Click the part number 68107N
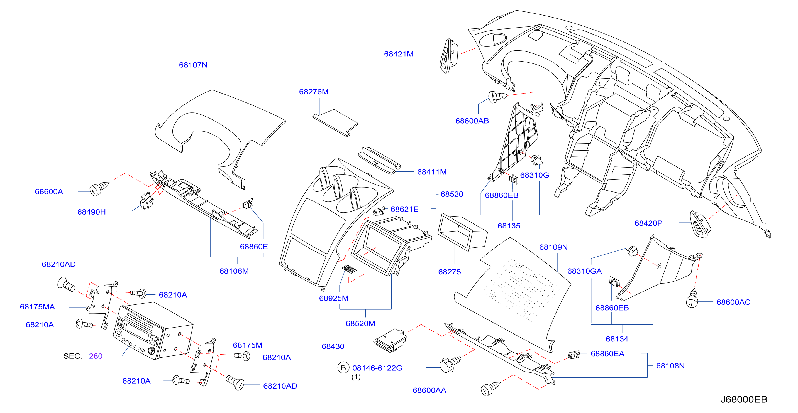coord(193,65)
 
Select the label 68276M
coord(314,92)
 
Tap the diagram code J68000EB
coord(743,399)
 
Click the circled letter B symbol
coord(343,368)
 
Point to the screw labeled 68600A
coord(99,188)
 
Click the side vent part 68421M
coord(448,56)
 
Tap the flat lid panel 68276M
coord(335,123)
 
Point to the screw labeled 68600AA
coord(490,389)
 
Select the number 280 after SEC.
coord(96,356)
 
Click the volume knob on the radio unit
coord(152,351)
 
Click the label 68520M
coord(360,324)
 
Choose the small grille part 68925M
coord(349,269)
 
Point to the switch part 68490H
coord(147,201)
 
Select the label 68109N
coord(553,247)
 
